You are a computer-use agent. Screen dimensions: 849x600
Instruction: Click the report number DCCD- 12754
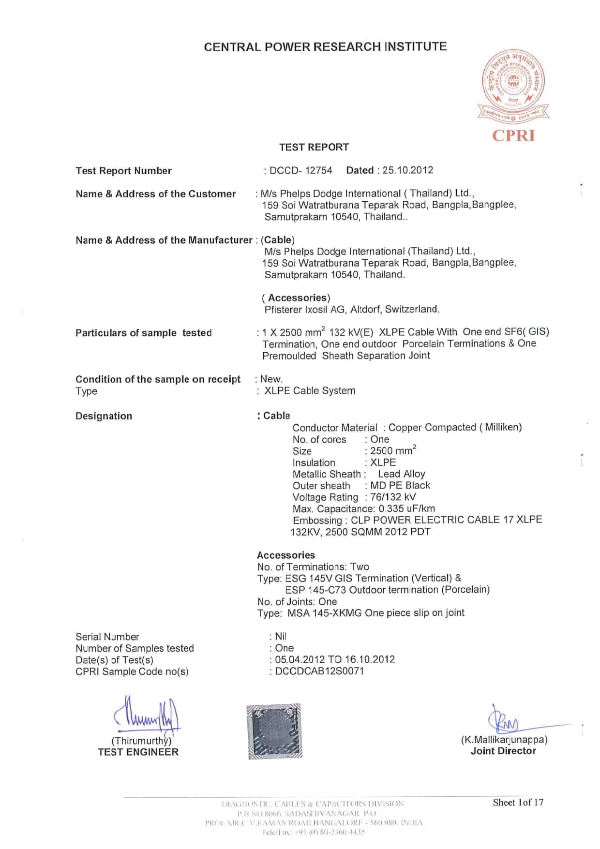point(300,170)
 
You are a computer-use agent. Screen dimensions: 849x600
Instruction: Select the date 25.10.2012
point(407,170)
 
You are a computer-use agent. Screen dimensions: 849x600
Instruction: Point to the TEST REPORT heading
point(314,147)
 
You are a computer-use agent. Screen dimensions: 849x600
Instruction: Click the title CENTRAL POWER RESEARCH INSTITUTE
point(325,47)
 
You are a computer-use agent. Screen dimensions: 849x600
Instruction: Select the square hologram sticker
point(274,731)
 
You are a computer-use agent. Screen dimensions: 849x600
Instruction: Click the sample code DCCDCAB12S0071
point(319,671)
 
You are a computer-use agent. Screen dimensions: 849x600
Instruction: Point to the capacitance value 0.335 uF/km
point(407,508)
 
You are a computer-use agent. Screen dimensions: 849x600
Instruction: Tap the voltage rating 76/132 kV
point(393,497)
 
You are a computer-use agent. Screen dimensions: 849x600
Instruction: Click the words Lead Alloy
point(401,474)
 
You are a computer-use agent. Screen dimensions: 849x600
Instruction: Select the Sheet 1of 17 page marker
point(518,803)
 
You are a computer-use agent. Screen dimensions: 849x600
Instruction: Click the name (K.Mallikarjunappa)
point(504,740)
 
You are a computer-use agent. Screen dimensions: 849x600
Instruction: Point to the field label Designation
point(104,416)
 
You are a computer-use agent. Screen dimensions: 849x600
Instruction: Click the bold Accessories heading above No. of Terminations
point(285,555)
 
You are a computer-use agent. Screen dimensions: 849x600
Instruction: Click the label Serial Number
point(107,637)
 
